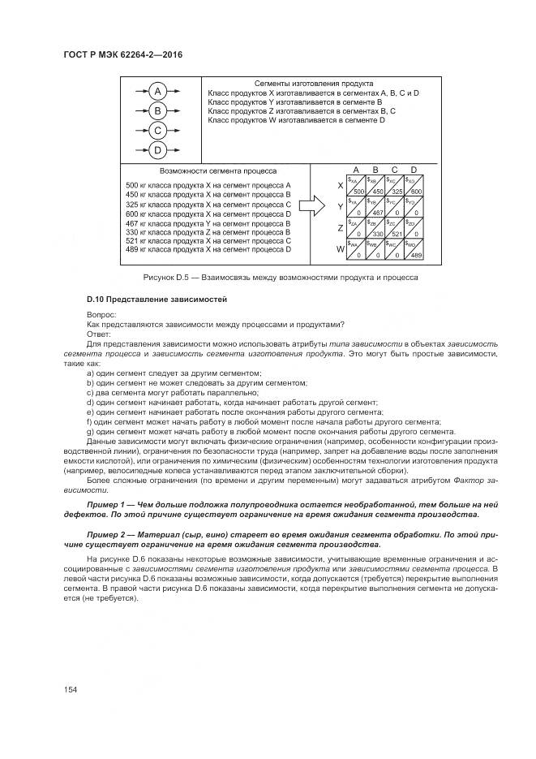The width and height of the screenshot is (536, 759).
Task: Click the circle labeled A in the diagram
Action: pyautogui.click(x=158, y=91)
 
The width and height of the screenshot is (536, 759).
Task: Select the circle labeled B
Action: pyautogui.click(x=158, y=110)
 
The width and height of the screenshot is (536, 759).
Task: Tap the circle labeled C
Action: pyautogui.click(x=158, y=130)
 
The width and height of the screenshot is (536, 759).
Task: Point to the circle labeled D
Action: pyautogui.click(x=158, y=149)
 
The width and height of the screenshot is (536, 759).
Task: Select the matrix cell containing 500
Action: pyautogui.click(x=355, y=185)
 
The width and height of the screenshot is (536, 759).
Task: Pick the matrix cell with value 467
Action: pyautogui.click(x=375, y=206)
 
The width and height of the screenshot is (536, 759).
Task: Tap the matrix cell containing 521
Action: pyautogui.click(x=394, y=227)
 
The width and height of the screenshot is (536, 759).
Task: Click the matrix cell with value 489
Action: pyautogui.click(x=414, y=249)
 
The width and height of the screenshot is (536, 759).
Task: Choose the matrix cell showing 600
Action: pyautogui.click(x=414, y=185)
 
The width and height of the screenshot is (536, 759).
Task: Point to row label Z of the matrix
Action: pyautogui.click(x=341, y=228)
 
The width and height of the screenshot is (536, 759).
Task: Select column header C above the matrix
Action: pyautogui.click(x=394, y=169)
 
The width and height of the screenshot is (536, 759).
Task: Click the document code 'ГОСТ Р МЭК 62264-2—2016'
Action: pyautogui.click(x=122, y=54)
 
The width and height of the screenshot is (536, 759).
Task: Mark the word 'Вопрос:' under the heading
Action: pyautogui.click(x=102, y=315)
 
